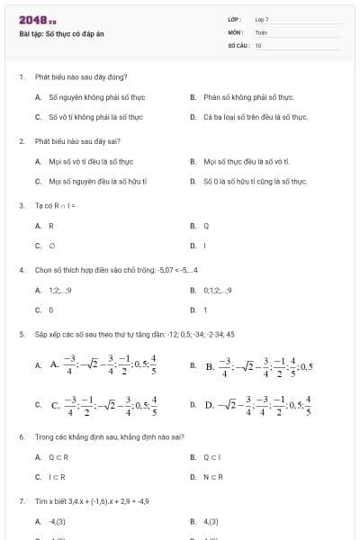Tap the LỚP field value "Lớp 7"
[x=262, y=19]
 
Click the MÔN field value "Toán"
[x=261, y=31]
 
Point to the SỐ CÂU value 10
[x=258, y=44]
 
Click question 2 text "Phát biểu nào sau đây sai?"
[x=76, y=141]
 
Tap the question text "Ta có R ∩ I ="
[x=55, y=206]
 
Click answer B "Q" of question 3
[x=206, y=226]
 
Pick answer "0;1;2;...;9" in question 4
[x=217, y=290]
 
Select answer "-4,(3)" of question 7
[x=58, y=521]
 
